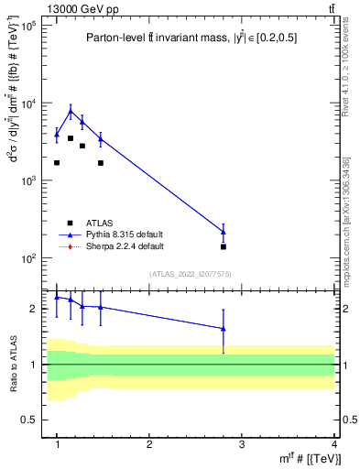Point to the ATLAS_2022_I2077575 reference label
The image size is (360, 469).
[191, 274]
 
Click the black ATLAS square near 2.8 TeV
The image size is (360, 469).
[224, 246]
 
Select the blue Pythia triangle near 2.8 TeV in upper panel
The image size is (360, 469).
[224, 232]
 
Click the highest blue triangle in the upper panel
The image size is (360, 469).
[71, 112]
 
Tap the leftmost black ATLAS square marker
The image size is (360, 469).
[57, 162]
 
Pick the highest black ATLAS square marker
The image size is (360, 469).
[71, 138]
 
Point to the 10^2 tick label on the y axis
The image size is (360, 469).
[27, 258]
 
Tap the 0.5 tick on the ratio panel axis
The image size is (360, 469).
[31, 420]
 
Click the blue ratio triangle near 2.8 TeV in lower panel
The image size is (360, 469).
[224, 329]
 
